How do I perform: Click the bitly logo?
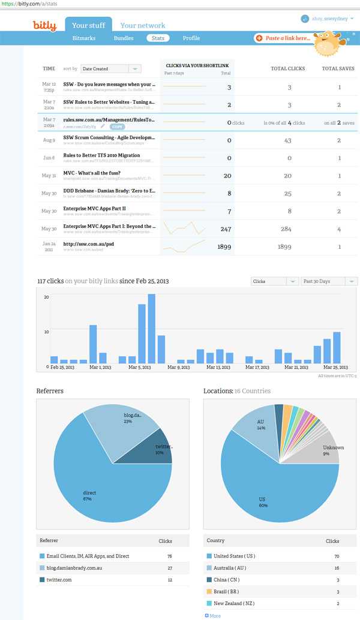(44, 25)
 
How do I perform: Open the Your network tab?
(142, 25)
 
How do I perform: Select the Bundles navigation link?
(124, 38)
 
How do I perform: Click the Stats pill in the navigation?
(158, 38)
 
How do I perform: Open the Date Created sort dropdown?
(111, 69)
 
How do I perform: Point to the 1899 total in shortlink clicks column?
(224, 246)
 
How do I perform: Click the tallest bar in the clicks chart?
(152, 329)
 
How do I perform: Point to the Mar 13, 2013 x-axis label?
(218, 368)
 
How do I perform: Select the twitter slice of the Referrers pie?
(161, 449)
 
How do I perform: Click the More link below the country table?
(213, 616)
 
